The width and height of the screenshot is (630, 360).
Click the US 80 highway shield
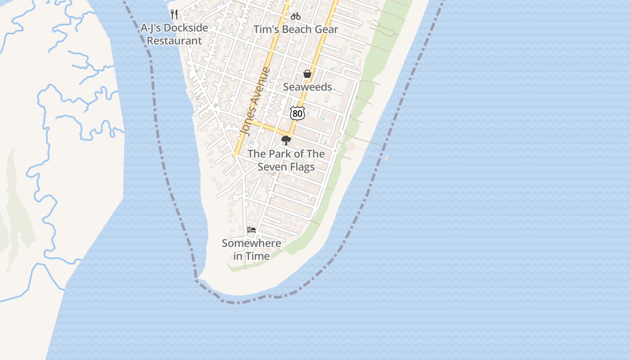[x=297, y=113]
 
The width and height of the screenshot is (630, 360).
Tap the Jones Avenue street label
[x=256, y=101]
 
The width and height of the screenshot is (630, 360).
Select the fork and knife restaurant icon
[x=175, y=14]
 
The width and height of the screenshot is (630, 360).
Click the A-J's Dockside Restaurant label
[x=175, y=34]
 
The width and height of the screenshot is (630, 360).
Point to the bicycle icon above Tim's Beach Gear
[x=295, y=16]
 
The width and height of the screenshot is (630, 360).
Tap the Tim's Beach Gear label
[x=296, y=30]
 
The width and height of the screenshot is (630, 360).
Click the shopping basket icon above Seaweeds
[x=307, y=74]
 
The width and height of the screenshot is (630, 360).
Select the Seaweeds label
[x=307, y=87]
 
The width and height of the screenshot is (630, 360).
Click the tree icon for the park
[x=286, y=140]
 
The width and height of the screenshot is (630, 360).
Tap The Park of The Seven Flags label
[x=286, y=160]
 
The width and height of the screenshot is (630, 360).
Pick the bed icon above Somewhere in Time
[x=252, y=230]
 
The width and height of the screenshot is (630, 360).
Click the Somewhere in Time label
[x=252, y=250]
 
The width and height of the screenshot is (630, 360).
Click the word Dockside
[x=186, y=28]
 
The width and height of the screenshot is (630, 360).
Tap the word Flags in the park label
[x=301, y=167]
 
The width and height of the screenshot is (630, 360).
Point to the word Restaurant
[x=175, y=41]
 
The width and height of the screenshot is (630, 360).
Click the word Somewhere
[x=252, y=243]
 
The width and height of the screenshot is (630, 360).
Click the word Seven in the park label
[x=271, y=167]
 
